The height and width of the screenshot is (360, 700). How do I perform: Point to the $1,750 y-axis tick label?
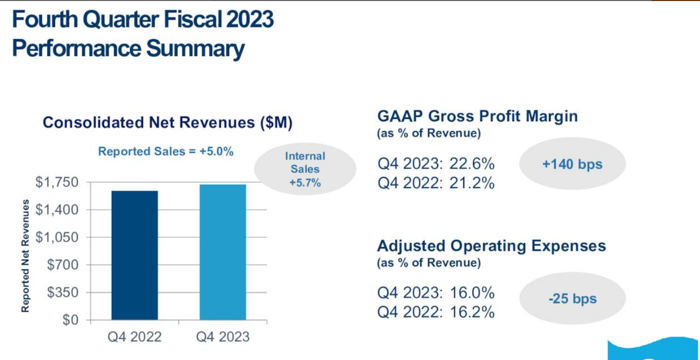[x=57, y=182]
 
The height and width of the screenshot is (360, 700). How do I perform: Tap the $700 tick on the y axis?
[x=63, y=265]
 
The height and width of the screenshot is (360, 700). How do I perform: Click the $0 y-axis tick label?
[x=70, y=320]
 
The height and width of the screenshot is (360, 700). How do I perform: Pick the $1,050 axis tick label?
[x=57, y=237]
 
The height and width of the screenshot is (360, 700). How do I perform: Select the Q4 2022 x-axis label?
[x=134, y=336]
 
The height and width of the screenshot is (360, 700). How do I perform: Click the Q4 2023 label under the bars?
[x=223, y=336]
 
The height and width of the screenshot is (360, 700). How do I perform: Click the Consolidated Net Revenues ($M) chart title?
[x=167, y=123]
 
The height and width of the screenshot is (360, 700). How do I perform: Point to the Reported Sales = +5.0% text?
[x=165, y=151]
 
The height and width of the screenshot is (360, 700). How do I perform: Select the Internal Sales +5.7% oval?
[x=305, y=169]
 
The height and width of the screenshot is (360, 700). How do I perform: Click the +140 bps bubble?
[x=572, y=164]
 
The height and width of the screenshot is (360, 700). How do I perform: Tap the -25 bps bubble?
[x=572, y=299]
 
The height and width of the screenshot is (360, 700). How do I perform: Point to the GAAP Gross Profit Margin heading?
[x=477, y=116]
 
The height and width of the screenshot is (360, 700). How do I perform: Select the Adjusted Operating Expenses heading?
[x=491, y=246]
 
